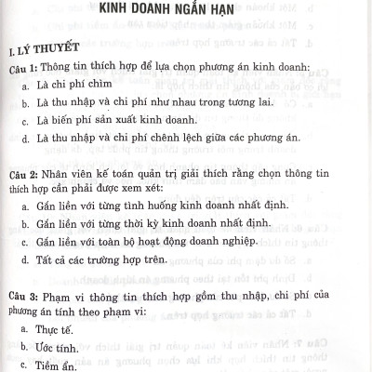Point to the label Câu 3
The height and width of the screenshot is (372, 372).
(x=21, y=298)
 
